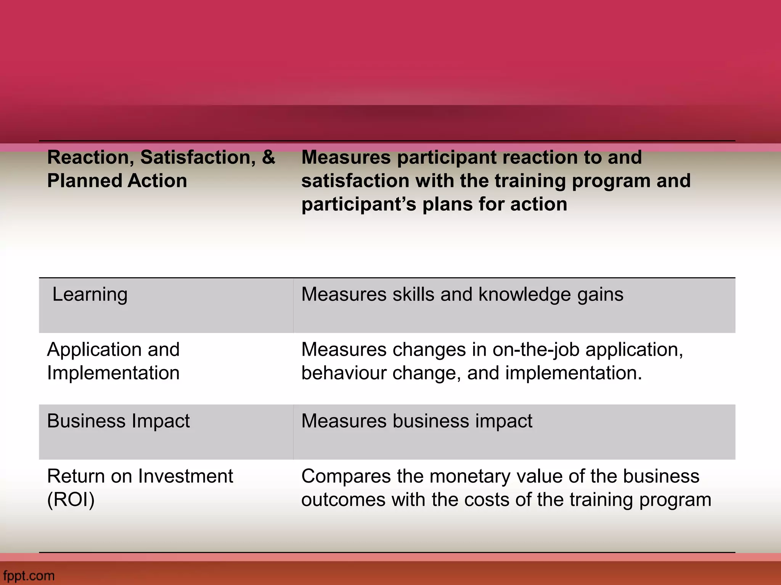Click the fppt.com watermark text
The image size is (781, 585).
(x=29, y=575)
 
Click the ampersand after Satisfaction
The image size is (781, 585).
(x=268, y=157)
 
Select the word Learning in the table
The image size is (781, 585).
(x=90, y=294)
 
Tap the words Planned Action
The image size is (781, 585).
(x=117, y=181)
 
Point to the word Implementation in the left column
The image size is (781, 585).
(x=113, y=373)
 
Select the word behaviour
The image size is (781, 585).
(x=344, y=373)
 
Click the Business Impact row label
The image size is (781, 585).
(x=118, y=421)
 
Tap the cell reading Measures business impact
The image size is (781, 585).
(x=416, y=421)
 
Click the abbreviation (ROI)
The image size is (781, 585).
(x=71, y=500)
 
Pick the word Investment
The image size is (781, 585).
(x=185, y=476)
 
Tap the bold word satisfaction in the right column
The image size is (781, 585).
(x=355, y=181)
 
